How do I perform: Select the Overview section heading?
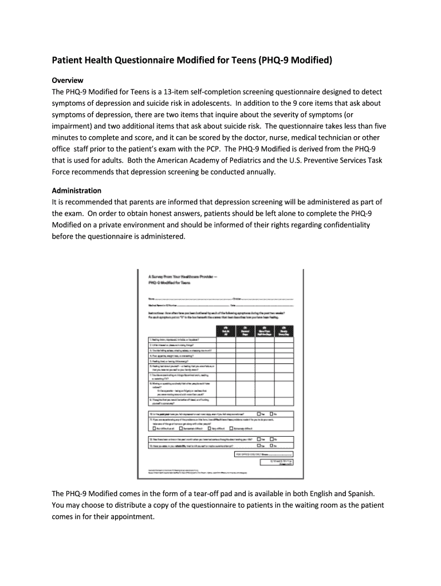pyautogui.click(x=68, y=80)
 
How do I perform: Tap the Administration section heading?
pyautogui.click(x=77, y=190)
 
